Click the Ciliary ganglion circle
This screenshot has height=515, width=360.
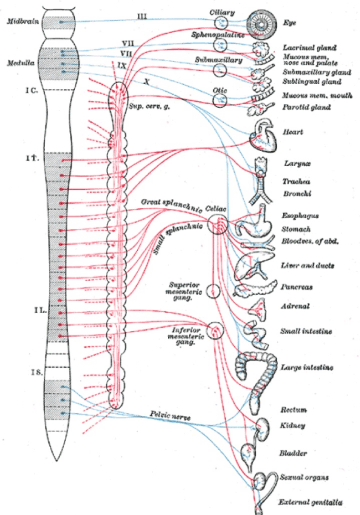(x=220, y=22)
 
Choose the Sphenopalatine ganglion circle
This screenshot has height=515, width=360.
(x=221, y=45)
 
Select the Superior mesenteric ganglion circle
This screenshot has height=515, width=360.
(x=214, y=291)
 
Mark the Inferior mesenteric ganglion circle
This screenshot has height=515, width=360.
(x=215, y=331)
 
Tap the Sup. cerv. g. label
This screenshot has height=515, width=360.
(x=145, y=107)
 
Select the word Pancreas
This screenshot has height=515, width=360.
(x=296, y=287)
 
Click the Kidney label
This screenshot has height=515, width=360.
(x=293, y=426)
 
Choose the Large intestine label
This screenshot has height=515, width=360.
(x=306, y=367)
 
